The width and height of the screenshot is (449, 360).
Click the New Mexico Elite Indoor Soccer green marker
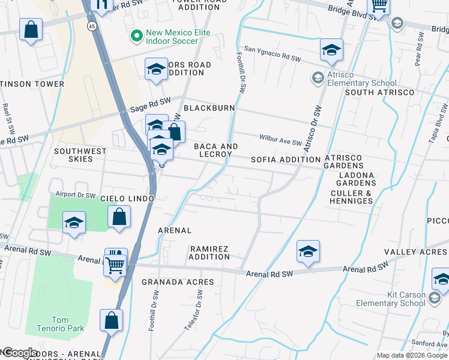pos(137,37)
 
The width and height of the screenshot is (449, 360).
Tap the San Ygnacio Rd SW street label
pos(272,57)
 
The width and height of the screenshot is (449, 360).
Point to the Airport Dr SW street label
pos(76,194)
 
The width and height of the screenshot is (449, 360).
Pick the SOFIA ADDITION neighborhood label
pos(285,160)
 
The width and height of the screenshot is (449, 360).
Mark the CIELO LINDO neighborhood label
pos(127,198)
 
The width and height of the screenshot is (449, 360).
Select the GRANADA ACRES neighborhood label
pos(178,281)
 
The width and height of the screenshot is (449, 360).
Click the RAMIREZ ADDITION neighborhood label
pos(209,253)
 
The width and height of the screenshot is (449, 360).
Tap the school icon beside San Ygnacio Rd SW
pos(331,50)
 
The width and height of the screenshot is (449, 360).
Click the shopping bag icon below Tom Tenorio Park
pos(111,320)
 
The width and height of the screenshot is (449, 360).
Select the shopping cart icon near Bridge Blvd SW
pos(379,5)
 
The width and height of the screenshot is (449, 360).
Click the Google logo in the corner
pos(19,353)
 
